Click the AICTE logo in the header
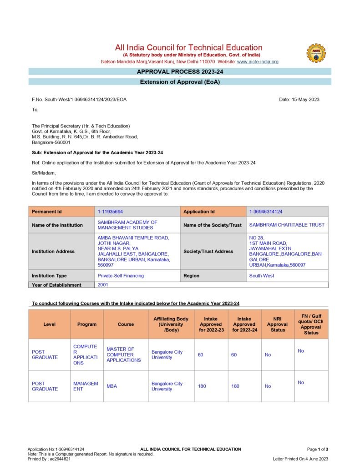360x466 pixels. pos(316,53)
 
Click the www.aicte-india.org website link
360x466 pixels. pos(258,61)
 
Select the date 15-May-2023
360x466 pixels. pos(299,100)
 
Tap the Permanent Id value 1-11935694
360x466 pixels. pos(110,212)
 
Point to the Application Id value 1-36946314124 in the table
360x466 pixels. pos(266,212)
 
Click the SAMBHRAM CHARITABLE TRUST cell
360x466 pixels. pos(287,225)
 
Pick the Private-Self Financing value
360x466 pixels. pos(121,276)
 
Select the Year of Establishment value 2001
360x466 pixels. pos(103,284)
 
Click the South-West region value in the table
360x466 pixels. pos(262,276)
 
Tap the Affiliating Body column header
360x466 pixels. pos(171,324)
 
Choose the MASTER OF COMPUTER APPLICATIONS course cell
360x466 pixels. pos(124,355)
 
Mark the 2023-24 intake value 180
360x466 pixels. pos(235,386)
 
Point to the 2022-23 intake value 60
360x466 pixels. pos(201,355)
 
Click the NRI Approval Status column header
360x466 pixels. pos(278,324)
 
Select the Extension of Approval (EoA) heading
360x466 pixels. pos(180,82)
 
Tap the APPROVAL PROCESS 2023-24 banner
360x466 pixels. pos(180,71)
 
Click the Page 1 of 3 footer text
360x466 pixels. pos(317,449)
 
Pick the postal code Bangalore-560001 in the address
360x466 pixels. pos(51,142)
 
